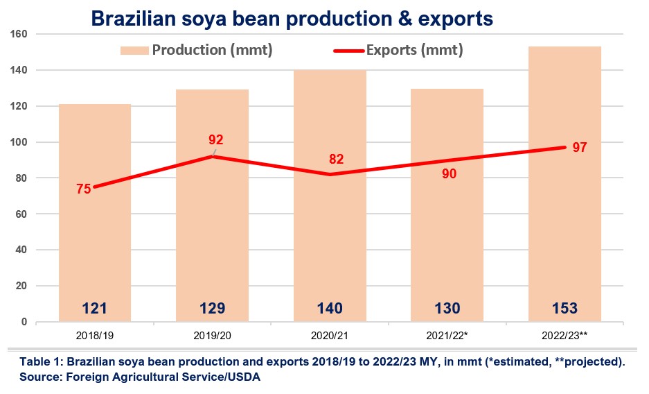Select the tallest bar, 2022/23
[x=564, y=208]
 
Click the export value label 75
[x=84, y=189]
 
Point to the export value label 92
[x=216, y=140]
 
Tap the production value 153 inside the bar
[x=564, y=308]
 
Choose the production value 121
[x=95, y=308]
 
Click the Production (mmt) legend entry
[x=197, y=51]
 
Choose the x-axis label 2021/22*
[x=447, y=336]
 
